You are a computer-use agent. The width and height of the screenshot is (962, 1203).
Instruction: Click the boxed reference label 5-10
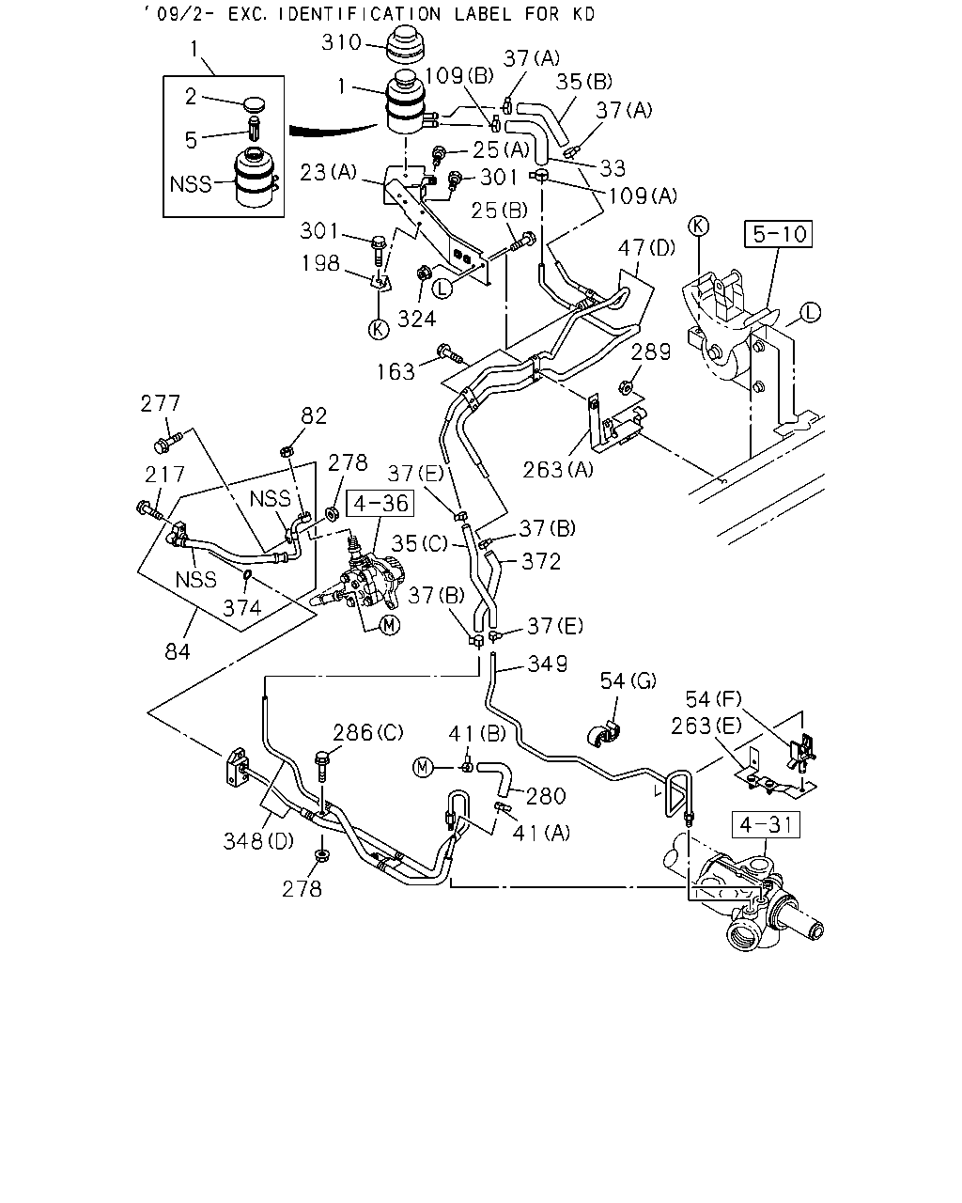click(x=778, y=234)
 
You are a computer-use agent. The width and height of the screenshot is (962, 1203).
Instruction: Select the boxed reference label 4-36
click(x=380, y=503)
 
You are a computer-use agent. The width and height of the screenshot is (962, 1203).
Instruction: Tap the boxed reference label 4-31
click(x=766, y=825)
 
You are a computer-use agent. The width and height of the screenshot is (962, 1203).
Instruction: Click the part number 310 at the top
click(x=342, y=42)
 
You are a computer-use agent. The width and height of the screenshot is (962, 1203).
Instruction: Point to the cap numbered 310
click(x=406, y=48)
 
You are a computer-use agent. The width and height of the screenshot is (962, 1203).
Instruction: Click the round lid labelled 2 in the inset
click(x=255, y=104)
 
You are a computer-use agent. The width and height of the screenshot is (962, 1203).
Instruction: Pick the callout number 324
click(x=416, y=320)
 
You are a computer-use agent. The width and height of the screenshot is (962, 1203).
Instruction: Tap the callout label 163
click(x=396, y=372)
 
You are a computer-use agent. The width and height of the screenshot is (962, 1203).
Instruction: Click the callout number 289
click(x=651, y=352)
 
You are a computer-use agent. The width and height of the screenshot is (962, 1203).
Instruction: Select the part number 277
click(x=161, y=403)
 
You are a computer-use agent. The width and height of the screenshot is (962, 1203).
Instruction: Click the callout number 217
click(x=164, y=475)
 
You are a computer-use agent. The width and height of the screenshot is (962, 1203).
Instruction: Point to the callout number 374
click(x=242, y=608)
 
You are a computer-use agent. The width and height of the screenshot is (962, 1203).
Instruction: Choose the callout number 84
click(x=178, y=651)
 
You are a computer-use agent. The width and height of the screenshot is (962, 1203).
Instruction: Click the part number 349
click(x=548, y=664)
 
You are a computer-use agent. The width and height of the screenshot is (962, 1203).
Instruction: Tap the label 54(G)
click(x=628, y=680)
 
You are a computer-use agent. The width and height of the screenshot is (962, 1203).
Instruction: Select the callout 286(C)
click(x=368, y=732)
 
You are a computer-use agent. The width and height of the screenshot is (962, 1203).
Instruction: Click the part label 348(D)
click(x=258, y=841)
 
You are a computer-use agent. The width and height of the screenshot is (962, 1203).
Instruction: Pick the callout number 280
click(x=546, y=796)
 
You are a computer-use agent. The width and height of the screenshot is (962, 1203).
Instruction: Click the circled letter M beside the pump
click(x=389, y=625)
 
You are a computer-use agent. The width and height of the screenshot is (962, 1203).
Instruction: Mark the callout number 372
click(x=541, y=561)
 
